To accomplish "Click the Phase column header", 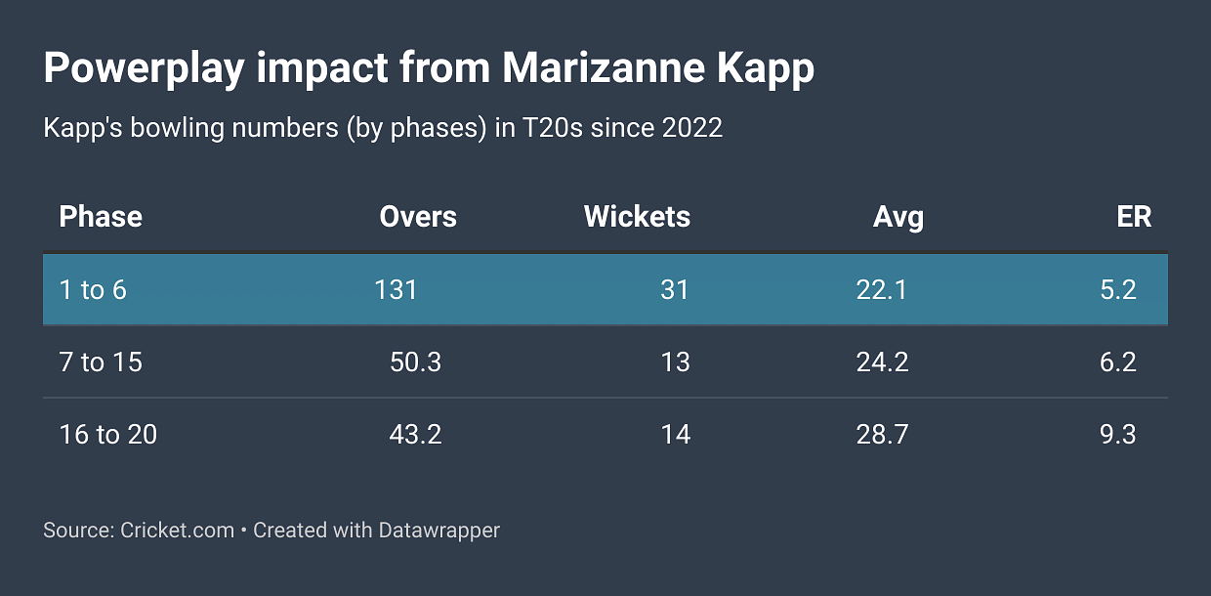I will [101, 217].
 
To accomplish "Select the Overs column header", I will [418, 217].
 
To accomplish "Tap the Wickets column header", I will [637, 217].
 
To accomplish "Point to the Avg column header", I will [898, 217].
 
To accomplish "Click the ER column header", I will [1134, 217].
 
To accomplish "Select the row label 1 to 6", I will [93, 290].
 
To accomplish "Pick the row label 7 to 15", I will [101, 362].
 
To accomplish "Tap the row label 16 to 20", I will [108, 434].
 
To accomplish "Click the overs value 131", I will [396, 290].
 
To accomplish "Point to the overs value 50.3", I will [415, 362].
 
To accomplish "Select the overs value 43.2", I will [415, 434].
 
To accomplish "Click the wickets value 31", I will [675, 290].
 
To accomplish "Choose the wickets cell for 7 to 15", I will [675, 362].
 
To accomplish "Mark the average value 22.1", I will [882, 290].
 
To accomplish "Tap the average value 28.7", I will [882, 434].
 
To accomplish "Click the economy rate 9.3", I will [1117, 434].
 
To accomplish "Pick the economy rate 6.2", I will [1117, 362].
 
